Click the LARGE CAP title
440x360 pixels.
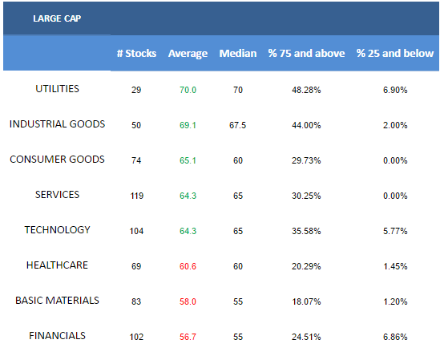(x=57, y=18)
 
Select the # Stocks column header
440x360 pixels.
(x=136, y=54)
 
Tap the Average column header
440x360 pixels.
(x=188, y=54)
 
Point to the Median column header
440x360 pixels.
(x=238, y=54)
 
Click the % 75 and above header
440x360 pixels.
(x=306, y=54)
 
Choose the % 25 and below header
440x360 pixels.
(x=395, y=54)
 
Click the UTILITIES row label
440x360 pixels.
(x=57, y=89)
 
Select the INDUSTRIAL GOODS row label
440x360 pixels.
(x=57, y=124)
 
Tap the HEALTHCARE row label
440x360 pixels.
(x=57, y=265)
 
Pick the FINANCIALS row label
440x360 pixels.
(x=57, y=336)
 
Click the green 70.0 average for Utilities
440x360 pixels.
(x=188, y=90)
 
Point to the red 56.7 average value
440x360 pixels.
(x=188, y=337)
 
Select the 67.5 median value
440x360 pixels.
(x=238, y=125)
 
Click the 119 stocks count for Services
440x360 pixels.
(x=137, y=196)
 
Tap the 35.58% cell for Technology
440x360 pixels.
(x=306, y=231)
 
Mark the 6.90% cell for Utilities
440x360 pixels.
(x=395, y=90)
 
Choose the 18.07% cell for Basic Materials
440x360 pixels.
(x=306, y=301)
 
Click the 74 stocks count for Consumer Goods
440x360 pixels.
(x=136, y=160)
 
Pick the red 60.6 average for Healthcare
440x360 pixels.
(x=188, y=266)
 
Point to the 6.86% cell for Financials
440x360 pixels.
(x=395, y=337)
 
